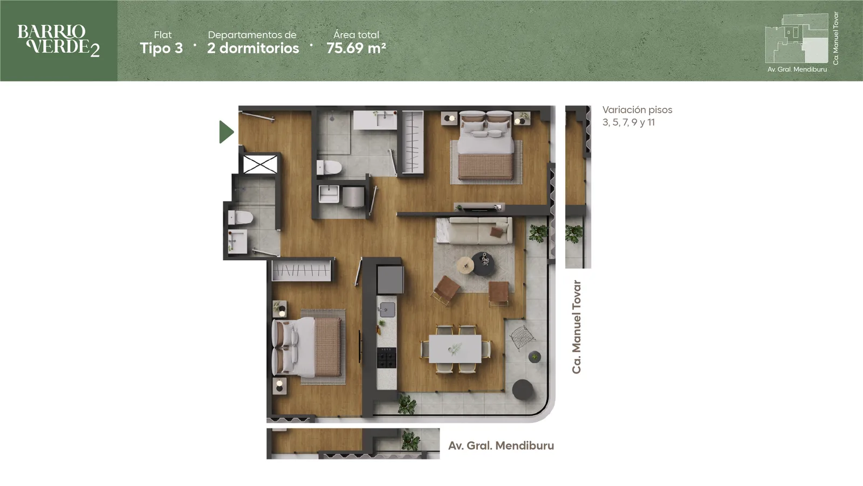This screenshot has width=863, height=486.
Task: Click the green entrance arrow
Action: tap(226, 132)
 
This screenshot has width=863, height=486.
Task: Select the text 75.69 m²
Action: tap(356, 48)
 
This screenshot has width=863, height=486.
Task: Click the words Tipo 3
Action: tap(161, 48)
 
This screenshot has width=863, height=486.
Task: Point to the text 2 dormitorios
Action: tap(253, 48)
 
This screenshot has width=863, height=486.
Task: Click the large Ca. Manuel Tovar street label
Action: tap(577, 327)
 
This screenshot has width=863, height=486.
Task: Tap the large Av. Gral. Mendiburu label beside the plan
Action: tap(501, 446)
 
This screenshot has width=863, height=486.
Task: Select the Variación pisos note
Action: tap(637, 116)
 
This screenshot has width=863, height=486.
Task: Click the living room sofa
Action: tap(474, 231)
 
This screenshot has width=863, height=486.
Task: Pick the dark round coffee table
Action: tap(483, 264)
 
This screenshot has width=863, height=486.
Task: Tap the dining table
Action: tap(455, 349)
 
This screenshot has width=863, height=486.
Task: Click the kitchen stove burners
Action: tap(386, 358)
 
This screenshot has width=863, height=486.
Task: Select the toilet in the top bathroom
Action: tap(330, 168)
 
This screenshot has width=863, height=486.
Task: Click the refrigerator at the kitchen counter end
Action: tap(391, 280)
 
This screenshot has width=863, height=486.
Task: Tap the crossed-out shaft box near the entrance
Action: tap(260, 164)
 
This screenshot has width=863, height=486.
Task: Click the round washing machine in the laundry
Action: tap(353, 197)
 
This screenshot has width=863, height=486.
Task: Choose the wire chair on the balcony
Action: tap(522, 337)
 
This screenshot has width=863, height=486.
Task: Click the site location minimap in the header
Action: tap(796, 38)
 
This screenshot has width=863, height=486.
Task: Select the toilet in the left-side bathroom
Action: tap(241, 218)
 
